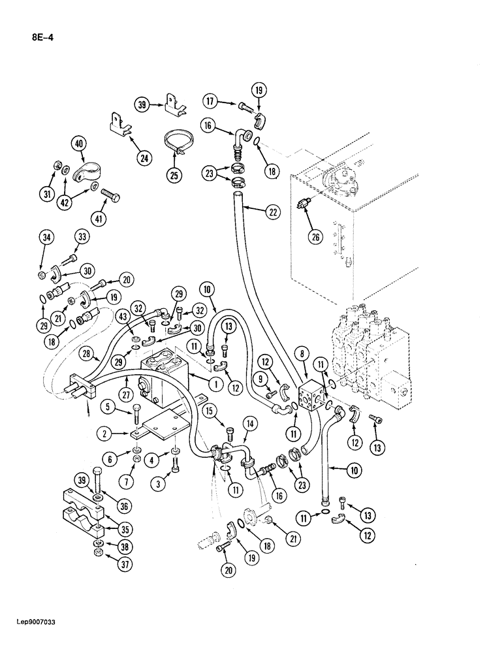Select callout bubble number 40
pos(80,144)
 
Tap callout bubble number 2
pos(102,432)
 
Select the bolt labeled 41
pos(110,194)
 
